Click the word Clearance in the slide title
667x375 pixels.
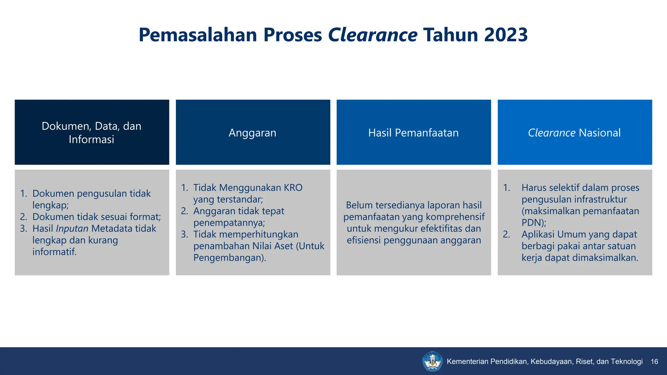(373, 35)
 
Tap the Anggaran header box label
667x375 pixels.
(252, 133)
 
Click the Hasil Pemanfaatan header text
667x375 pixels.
(413, 133)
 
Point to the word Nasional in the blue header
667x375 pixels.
(600, 133)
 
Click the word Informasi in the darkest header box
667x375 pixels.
(92, 139)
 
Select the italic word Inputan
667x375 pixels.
(72, 229)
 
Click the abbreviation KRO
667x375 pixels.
(293, 188)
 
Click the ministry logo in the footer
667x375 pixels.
(432, 361)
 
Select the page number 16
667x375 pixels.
(654, 362)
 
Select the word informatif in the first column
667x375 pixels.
(54, 252)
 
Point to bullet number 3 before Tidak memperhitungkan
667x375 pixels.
(184, 234)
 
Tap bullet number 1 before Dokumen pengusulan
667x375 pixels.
(23, 194)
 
